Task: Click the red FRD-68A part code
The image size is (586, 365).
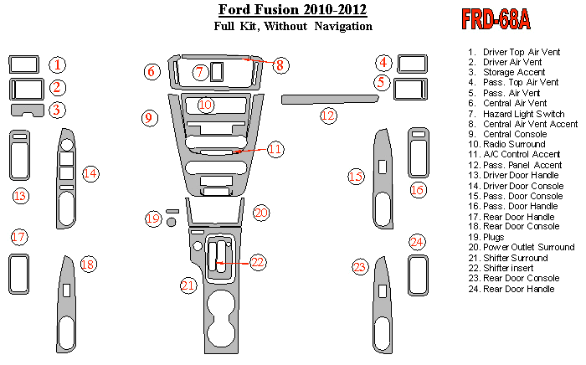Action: tap(495, 20)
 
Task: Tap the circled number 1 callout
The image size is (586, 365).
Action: tap(57, 64)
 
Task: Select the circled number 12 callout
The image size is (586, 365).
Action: tap(328, 115)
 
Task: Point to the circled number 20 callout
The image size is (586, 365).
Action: tap(261, 213)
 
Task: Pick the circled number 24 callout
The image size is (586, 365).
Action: tap(417, 242)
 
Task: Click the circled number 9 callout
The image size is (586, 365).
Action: tap(148, 118)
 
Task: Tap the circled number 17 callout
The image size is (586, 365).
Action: tap(18, 237)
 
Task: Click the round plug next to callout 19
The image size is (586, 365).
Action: tap(172, 222)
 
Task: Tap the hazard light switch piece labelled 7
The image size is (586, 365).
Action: tap(217, 72)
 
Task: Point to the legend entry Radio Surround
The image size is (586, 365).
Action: tap(514, 145)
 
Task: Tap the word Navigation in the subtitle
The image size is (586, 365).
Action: tap(343, 27)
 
